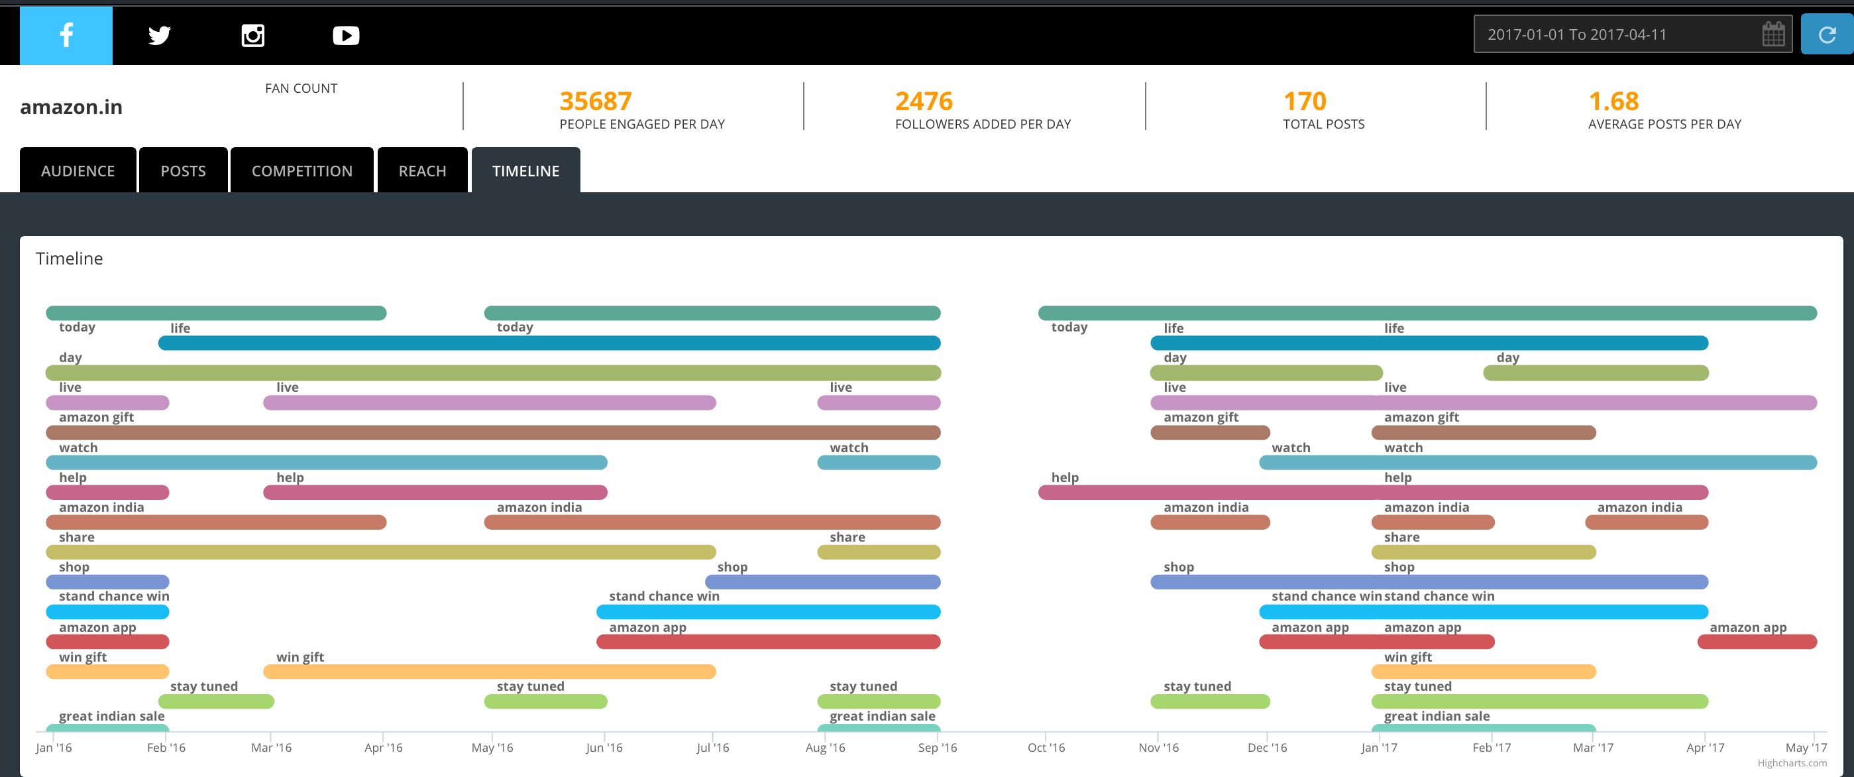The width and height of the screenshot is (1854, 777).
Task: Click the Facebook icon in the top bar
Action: point(66,35)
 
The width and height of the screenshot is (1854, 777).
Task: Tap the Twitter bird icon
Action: point(159,35)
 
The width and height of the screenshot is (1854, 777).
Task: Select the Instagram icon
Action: point(252,35)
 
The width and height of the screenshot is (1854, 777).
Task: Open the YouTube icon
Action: point(345,35)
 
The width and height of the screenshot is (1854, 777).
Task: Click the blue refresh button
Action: point(1827,34)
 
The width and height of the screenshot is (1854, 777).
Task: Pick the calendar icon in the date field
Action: point(1772,34)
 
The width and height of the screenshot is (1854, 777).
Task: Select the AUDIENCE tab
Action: point(78,170)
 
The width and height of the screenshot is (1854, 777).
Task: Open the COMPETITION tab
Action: point(301,170)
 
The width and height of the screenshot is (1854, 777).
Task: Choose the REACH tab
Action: point(422,170)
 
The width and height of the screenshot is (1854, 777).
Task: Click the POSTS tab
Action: point(183,170)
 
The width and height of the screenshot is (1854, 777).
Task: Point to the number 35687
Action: point(595,101)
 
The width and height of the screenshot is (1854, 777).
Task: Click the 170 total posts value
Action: point(1304,101)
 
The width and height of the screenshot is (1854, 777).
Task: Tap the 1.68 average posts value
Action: point(1613,101)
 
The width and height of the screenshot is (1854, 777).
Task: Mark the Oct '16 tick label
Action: point(1046,747)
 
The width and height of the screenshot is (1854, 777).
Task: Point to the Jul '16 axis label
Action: point(712,747)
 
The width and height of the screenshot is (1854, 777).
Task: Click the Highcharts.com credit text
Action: point(1792,763)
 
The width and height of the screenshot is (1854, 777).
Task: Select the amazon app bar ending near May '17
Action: point(1757,642)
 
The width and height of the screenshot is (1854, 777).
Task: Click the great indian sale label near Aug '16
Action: point(883,716)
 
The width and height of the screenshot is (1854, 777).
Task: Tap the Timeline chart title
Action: point(69,259)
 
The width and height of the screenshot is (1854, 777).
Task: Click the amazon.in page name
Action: point(72,107)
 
